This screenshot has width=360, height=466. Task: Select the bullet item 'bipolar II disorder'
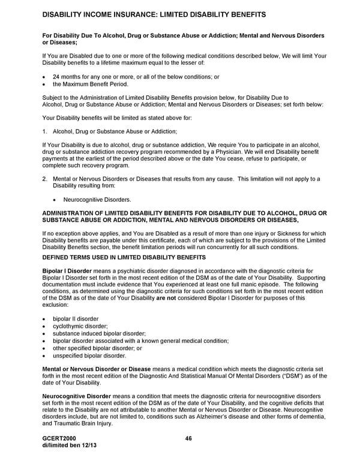(x=76, y=318)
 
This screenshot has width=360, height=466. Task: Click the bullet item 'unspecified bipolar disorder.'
(x=88, y=356)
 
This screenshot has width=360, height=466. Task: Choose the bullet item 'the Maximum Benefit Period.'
(x=91, y=85)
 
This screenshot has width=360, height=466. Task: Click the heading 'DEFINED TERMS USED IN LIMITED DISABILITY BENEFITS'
(x=124, y=257)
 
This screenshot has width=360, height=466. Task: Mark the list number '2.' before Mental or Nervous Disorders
(x=45, y=179)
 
